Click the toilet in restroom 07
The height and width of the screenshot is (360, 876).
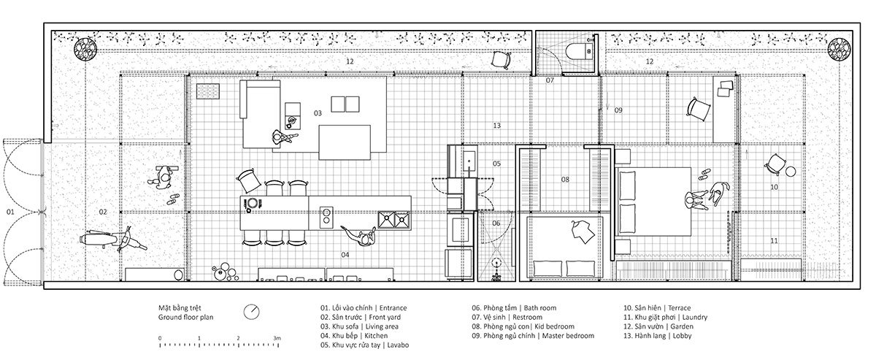tap(580, 51)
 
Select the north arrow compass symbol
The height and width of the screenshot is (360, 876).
tap(251, 312)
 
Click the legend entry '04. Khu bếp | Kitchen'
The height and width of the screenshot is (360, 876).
tap(354, 336)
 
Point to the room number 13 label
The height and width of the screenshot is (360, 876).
tap(496, 126)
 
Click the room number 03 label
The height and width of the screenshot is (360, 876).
tap(318, 113)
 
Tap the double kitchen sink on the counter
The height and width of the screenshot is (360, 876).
tap(393, 220)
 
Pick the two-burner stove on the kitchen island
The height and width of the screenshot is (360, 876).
tap(326, 217)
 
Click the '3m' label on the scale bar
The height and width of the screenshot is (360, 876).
tap(277, 338)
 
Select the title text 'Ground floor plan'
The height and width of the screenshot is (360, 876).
tap(185, 318)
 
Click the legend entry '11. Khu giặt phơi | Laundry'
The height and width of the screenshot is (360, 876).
tap(665, 318)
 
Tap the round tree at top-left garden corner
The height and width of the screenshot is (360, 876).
tap(85, 50)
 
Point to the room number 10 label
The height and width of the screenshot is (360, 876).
tap(774, 187)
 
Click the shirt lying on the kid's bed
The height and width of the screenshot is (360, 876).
tap(583, 231)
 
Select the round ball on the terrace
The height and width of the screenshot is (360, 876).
tap(791, 172)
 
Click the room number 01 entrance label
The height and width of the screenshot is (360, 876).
tap(10, 212)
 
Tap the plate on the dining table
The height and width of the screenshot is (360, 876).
tap(253, 204)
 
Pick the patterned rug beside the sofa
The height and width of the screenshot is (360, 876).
tap(208, 91)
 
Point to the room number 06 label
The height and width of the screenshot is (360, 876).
tap(496, 223)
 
